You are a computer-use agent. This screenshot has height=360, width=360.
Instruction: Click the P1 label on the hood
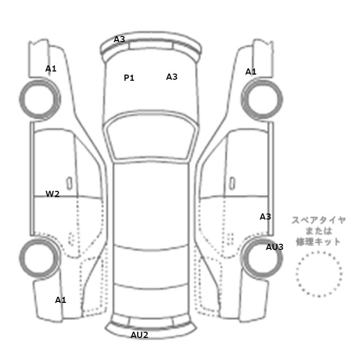tap(129, 78)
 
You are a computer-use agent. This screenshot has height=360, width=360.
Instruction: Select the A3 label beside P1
tap(172, 77)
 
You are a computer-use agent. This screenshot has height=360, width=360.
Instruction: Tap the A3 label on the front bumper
tap(119, 39)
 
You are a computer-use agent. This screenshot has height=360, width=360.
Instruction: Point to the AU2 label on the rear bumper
tap(139, 335)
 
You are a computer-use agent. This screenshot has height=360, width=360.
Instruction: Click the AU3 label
tap(275, 247)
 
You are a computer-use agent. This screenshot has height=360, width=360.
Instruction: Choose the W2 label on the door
tap(52, 194)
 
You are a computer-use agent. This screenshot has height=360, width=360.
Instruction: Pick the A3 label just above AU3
tap(265, 217)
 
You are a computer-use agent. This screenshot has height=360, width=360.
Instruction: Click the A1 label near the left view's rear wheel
tap(61, 300)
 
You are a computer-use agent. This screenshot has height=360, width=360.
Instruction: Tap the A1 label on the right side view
tap(251, 71)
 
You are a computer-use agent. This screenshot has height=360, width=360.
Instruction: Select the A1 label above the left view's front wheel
tap(51, 68)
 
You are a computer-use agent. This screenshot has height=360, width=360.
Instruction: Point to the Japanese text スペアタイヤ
tap(319, 220)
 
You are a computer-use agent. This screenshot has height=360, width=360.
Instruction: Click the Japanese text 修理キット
tap(318, 242)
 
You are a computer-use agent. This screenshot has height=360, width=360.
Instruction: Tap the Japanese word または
tap(319, 231)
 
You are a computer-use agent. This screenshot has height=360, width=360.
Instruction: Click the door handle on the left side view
tap(69, 184)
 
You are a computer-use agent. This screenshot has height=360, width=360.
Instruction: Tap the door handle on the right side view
tap(232, 184)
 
